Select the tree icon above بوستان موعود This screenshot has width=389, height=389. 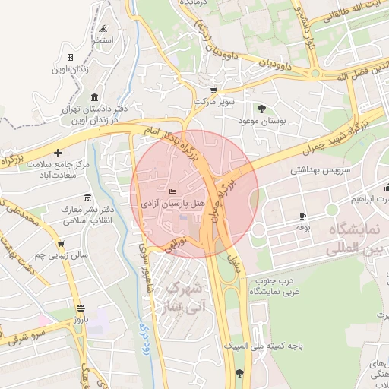pos(262,109)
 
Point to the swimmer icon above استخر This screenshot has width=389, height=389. pos(103,28)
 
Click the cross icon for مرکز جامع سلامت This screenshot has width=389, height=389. pos(58,153)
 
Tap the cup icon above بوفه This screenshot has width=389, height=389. pos(302,216)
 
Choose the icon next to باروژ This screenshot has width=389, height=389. pos(81,308)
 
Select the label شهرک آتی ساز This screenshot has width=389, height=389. pos(183,298)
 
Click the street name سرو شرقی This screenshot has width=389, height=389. pos(30,334)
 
